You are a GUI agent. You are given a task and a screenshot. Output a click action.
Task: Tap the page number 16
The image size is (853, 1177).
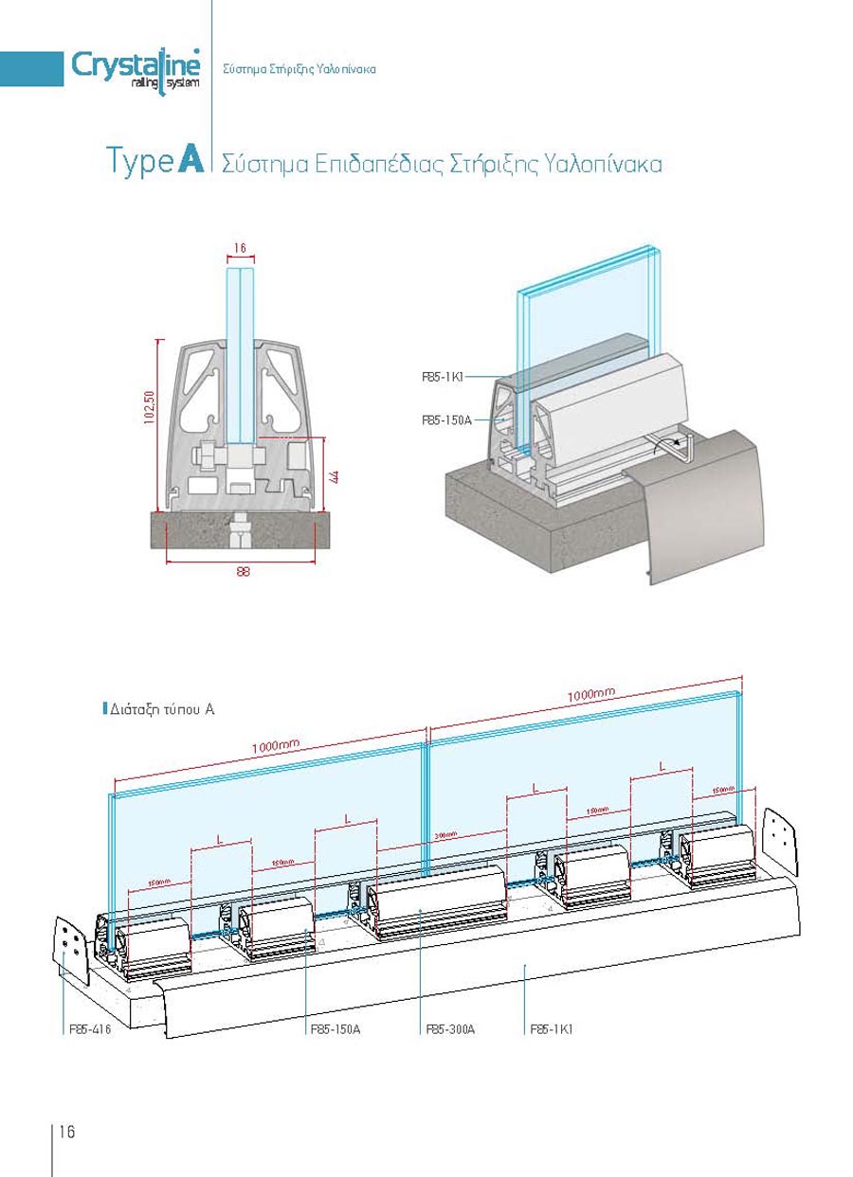67,1132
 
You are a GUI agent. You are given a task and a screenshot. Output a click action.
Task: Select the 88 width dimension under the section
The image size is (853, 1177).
243,571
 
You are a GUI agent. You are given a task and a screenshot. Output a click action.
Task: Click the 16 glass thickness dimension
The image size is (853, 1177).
239,248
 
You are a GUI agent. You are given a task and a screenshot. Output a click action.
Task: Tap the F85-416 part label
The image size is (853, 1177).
90,1028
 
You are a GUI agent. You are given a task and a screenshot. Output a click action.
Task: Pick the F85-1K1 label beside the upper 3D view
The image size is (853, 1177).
442,376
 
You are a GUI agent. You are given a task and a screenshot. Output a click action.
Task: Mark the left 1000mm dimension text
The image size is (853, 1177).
276,746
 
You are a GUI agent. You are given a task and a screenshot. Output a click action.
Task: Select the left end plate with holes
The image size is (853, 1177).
71,947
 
